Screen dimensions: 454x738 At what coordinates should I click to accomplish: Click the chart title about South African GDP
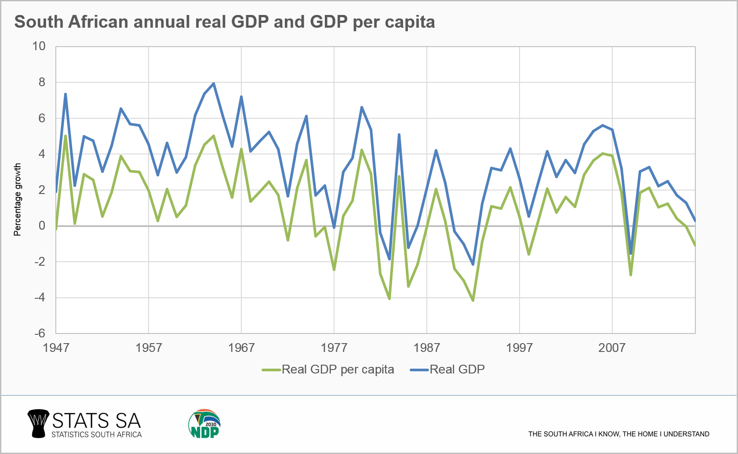click(x=225, y=22)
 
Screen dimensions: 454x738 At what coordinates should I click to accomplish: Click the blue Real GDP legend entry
click(x=447, y=370)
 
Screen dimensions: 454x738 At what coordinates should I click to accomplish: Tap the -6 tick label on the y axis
click(x=40, y=333)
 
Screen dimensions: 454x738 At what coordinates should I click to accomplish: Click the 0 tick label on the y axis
click(x=42, y=226)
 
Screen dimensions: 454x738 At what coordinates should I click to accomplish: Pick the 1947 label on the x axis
click(x=56, y=348)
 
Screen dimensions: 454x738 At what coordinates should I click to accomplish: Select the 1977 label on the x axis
click(x=334, y=348)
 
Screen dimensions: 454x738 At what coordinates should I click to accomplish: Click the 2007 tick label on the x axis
click(x=612, y=348)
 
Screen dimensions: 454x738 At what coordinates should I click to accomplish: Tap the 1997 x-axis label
click(x=519, y=348)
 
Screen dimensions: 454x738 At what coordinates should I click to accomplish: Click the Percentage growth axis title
click(x=18, y=199)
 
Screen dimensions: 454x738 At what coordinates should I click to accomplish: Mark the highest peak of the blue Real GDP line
click(x=214, y=83)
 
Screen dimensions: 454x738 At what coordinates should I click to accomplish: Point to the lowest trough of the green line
click(x=473, y=300)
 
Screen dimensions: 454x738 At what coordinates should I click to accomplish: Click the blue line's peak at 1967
click(x=241, y=97)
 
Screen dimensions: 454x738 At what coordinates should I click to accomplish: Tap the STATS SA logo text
click(x=96, y=421)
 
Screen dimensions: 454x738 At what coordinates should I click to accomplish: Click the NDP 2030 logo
click(x=204, y=424)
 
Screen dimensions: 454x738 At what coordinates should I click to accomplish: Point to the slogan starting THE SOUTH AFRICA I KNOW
click(x=618, y=434)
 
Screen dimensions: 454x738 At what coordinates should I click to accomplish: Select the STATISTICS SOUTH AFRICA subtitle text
click(x=96, y=435)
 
